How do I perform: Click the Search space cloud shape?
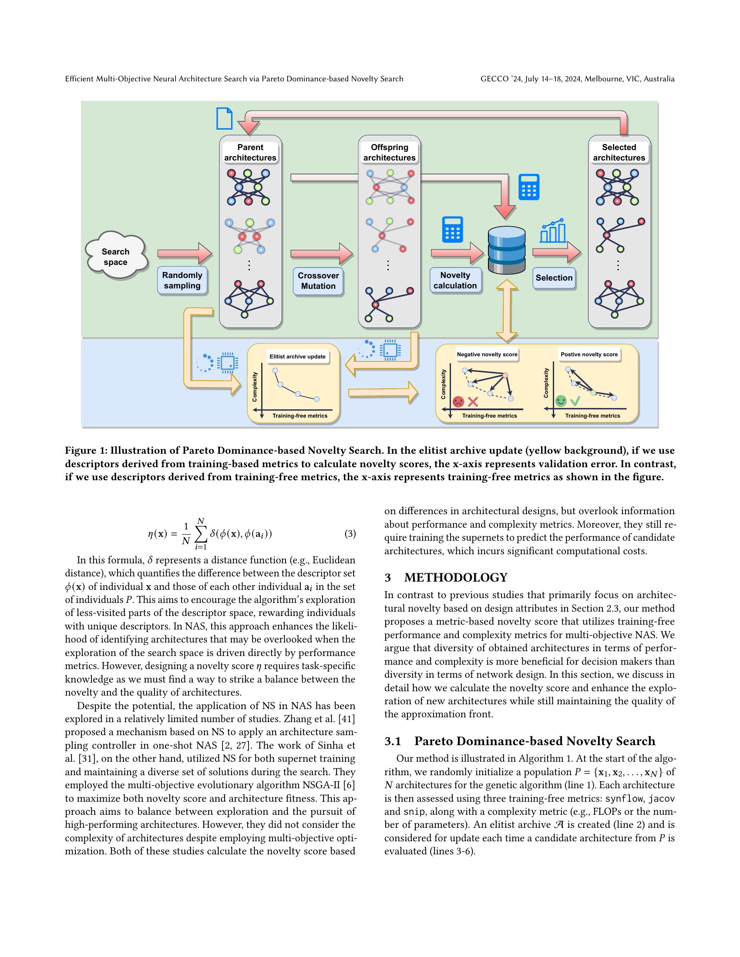coord(115,257)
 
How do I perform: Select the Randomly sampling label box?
coord(182,281)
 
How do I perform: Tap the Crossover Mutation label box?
coord(318,281)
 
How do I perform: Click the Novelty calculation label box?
coord(455,281)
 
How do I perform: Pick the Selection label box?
coord(554,278)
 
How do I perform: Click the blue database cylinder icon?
coord(506,250)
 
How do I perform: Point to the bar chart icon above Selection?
coord(553,231)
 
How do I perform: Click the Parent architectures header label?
coord(250,153)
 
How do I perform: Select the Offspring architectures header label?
coord(389,153)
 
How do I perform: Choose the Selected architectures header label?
coord(619,153)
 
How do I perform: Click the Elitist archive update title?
coord(297,357)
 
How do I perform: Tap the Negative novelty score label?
coord(487,355)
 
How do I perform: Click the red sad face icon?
coord(458,402)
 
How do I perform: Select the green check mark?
coord(575,401)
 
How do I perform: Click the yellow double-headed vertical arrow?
coord(507,311)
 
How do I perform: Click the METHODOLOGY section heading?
coord(455,578)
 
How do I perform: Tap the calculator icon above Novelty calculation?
coord(452,229)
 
